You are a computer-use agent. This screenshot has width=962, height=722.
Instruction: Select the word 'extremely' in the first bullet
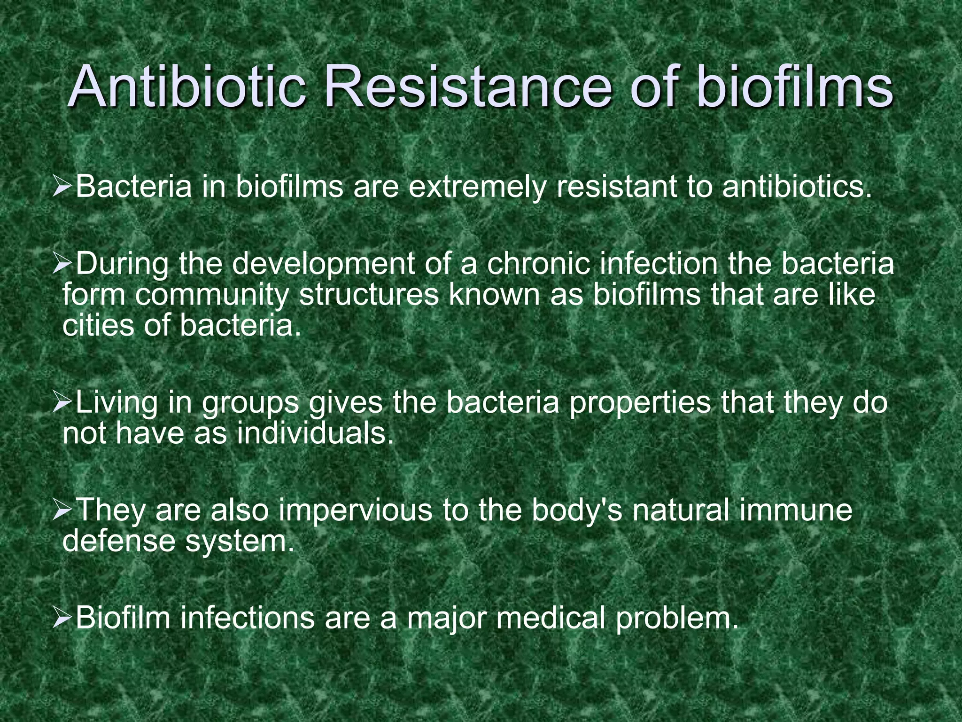point(477,187)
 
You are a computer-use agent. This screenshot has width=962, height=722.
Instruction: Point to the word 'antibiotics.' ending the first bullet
point(794,187)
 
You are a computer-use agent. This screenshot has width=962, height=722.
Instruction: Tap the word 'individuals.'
point(315,433)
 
